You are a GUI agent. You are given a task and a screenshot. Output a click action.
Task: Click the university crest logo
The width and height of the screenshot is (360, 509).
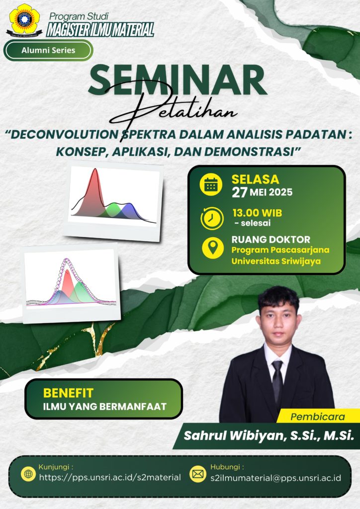[24, 19]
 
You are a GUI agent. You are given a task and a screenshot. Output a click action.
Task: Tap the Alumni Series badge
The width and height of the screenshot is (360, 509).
[48, 50]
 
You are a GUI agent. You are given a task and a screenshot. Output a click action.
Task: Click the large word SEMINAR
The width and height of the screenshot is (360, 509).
[178, 80]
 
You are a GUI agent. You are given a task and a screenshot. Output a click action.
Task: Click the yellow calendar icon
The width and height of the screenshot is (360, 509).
[211, 185]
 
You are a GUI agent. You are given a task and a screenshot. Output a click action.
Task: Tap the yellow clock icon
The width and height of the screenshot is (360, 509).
[212, 218]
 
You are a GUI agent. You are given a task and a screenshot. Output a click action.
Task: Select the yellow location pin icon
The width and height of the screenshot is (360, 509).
[213, 248]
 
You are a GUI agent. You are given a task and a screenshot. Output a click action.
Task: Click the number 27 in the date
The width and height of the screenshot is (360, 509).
[240, 192]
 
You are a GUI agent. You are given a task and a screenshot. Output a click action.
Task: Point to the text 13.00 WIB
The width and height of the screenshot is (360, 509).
[257, 213]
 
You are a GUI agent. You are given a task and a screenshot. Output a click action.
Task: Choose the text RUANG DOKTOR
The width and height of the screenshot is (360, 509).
[270, 240]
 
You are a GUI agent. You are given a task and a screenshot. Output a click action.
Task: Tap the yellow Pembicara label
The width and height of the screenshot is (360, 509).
[317, 417]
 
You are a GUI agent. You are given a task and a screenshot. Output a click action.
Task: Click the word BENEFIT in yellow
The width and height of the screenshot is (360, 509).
[68, 393]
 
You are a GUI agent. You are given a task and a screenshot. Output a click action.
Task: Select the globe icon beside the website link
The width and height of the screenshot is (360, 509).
[28, 474]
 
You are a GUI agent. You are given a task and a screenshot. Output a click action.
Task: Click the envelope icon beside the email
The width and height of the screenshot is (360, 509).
[198, 474]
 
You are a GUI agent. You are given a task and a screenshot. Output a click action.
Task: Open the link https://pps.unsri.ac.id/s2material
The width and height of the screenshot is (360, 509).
[110, 477]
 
